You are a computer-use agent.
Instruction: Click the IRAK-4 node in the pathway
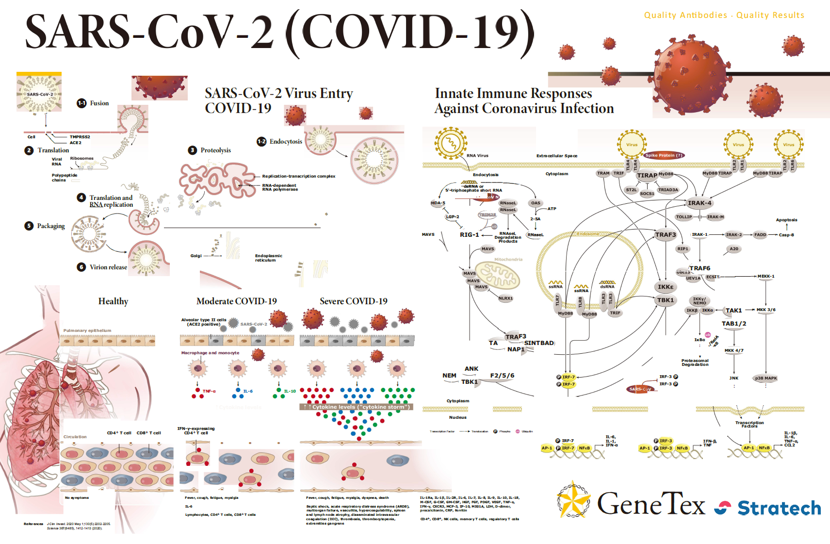click(x=699, y=203)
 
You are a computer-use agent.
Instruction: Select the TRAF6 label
click(x=700, y=268)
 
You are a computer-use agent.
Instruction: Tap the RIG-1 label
click(x=469, y=234)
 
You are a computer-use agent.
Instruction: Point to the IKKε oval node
click(x=666, y=287)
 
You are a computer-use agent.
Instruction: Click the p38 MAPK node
click(x=765, y=378)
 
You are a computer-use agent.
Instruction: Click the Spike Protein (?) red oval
click(x=663, y=155)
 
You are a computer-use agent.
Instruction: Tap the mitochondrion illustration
click(x=497, y=275)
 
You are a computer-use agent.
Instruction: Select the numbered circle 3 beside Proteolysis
click(x=193, y=150)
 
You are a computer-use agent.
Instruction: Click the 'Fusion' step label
click(x=99, y=103)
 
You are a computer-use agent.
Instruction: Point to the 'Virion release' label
click(x=108, y=267)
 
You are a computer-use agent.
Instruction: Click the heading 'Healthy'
click(x=113, y=301)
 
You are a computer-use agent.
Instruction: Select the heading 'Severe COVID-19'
click(x=353, y=301)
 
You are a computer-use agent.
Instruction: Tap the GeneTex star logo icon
click(x=573, y=499)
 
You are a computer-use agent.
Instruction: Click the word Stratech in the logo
click(x=779, y=508)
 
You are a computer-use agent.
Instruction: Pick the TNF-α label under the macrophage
click(x=209, y=391)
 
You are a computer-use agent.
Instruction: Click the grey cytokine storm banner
click(x=357, y=407)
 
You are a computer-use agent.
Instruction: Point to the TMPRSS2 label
click(x=80, y=137)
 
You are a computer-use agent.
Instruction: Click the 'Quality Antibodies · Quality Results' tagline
click(x=724, y=16)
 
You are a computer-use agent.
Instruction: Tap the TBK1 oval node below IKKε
click(x=666, y=300)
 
